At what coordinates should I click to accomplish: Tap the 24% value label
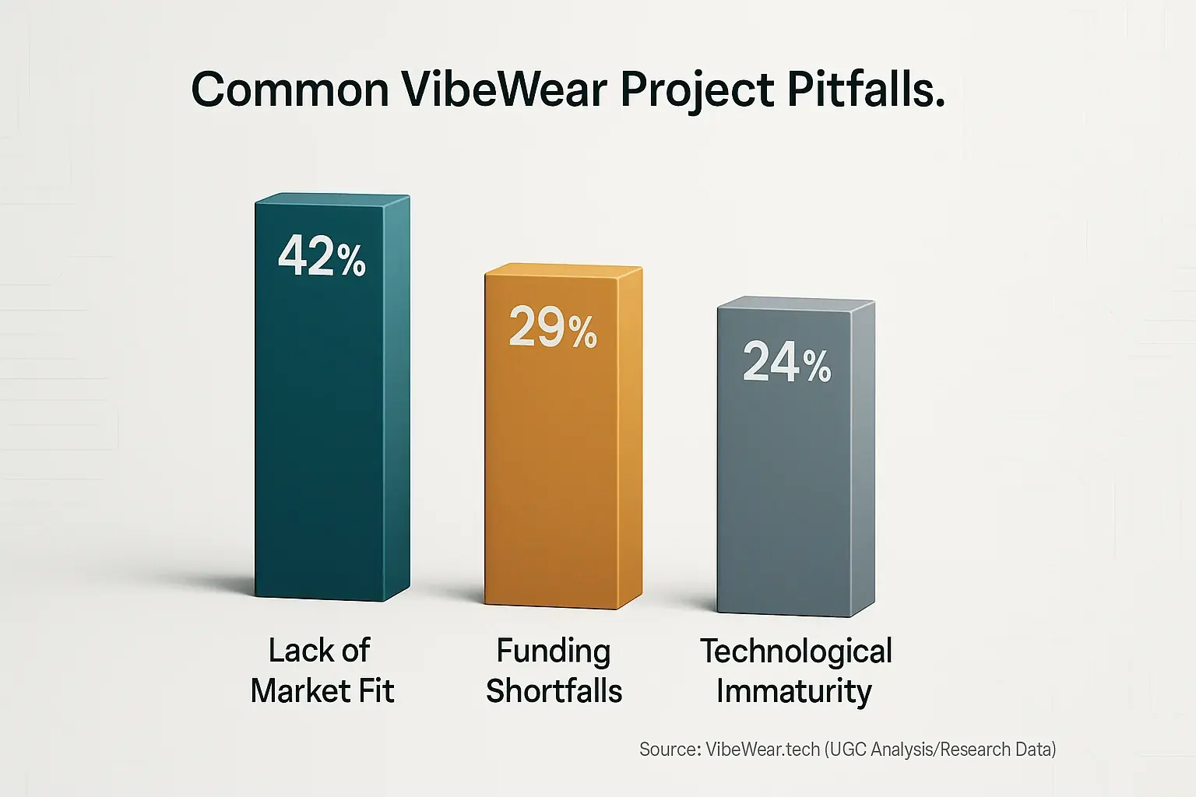pyautogui.click(x=786, y=362)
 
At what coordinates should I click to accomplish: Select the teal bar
pyautogui.click(x=332, y=436)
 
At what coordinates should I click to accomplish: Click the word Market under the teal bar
pyautogui.click(x=301, y=691)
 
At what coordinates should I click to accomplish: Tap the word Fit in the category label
pyautogui.click(x=375, y=691)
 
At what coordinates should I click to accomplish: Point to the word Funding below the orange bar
pyautogui.click(x=554, y=651)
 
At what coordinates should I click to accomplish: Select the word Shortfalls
pyautogui.click(x=554, y=691)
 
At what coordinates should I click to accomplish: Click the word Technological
pyautogui.click(x=796, y=651)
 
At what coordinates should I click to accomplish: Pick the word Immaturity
pyautogui.click(x=793, y=691)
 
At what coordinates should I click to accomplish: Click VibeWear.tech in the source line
pyautogui.click(x=762, y=750)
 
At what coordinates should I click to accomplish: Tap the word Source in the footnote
pyautogui.click(x=670, y=750)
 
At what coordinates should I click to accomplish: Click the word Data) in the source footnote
pyautogui.click(x=1036, y=750)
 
